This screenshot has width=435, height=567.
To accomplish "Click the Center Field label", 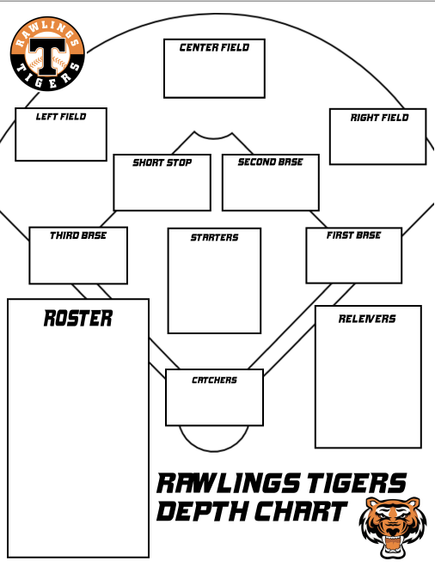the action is [214, 47].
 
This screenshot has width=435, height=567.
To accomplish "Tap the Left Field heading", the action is [61, 117].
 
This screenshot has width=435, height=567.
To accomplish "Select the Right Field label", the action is [379, 118].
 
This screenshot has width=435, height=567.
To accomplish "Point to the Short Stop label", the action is [162, 162].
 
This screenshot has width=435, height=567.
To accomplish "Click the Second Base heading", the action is [270, 162].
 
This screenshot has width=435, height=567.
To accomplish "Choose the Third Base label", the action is [78, 235].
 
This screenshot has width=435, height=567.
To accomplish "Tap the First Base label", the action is [353, 235].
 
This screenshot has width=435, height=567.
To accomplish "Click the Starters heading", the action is [215, 237].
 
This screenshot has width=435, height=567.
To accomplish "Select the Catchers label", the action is [214, 380].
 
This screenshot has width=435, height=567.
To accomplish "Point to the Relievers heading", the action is [367, 319].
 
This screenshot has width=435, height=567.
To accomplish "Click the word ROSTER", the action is [78, 319].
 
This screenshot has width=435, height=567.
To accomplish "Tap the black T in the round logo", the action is [47, 55].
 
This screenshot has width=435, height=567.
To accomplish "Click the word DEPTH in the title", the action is [202, 511].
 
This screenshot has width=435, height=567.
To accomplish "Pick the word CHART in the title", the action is [300, 511].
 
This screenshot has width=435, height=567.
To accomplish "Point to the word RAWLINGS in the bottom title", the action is [229, 484].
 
